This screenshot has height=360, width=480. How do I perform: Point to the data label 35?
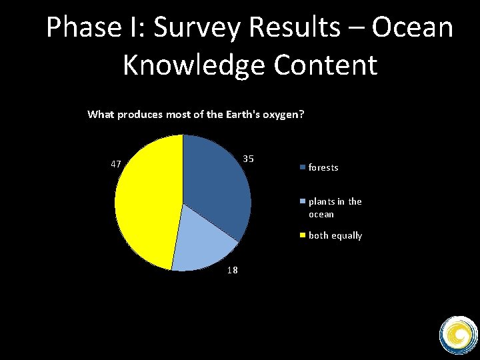click(x=249, y=159)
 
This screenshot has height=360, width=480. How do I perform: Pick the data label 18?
click(x=232, y=270)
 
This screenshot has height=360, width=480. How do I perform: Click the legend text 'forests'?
click(x=323, y=168)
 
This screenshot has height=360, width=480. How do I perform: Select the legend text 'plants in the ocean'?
click(x=335, y=208)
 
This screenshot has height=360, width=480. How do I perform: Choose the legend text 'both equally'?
click(x=335, y=236)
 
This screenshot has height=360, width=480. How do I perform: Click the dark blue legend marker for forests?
click(x=303, y=167)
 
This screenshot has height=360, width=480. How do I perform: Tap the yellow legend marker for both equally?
click(x=303, y=235)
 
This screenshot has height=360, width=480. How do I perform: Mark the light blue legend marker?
click(x=303, y=201)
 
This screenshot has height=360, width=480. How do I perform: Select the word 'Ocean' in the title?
click(x=413, y=28)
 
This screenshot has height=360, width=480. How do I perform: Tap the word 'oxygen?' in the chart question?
click(x=284, y=114)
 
